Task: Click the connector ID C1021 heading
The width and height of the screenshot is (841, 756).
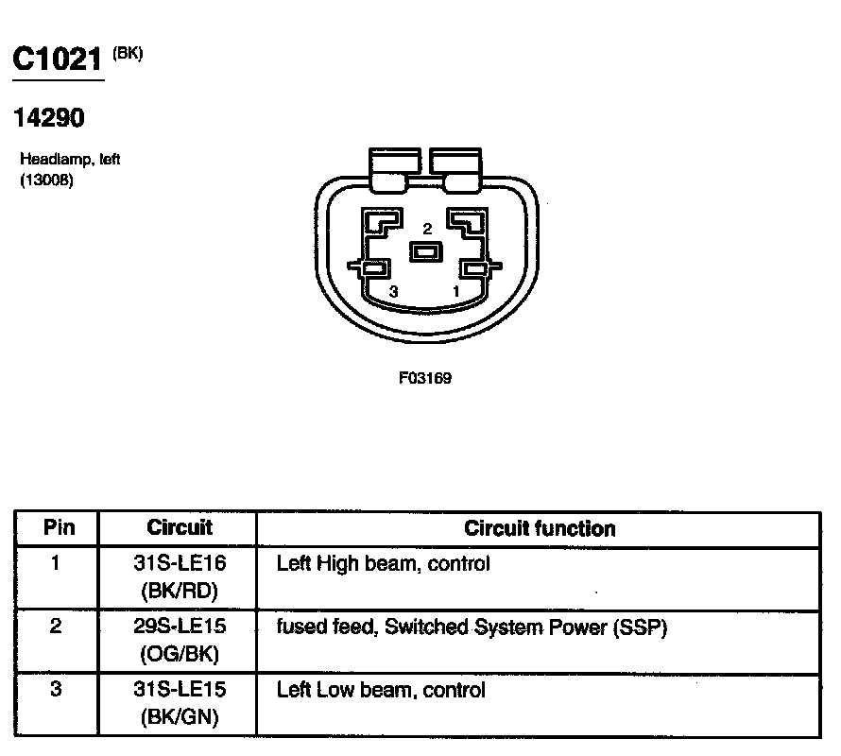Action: click(57, 60)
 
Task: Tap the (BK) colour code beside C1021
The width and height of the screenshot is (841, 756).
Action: click(128, 53)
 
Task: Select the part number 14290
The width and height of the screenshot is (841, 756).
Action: click(49, 118)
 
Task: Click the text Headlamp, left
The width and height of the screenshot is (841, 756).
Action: click(70, 160)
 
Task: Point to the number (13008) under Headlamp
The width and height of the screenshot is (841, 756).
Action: click(46, 180)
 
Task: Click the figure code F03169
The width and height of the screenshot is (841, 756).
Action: click(425, 378)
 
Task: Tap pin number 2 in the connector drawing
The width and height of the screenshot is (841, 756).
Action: click(427, 229)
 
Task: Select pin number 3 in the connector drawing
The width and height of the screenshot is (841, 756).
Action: click(393, 292)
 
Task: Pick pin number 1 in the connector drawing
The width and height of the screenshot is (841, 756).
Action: click(456, 292)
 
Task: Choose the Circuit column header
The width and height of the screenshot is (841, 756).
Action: click(180, 527)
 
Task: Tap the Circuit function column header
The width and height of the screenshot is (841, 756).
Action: click(540, 528)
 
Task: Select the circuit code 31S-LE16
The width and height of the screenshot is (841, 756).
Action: click(180, 564)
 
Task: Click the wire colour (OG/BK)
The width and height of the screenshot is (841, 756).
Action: click(180, 653)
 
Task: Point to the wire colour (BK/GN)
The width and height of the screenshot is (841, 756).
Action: click(180, 717)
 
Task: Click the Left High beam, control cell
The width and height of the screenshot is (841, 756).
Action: click(383, 564)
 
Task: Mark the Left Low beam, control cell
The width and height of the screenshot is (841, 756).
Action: click(381, 690)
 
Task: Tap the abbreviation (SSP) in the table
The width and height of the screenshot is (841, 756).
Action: click(643, 627)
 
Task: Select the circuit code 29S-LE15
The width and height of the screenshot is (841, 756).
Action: click(180, 627)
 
